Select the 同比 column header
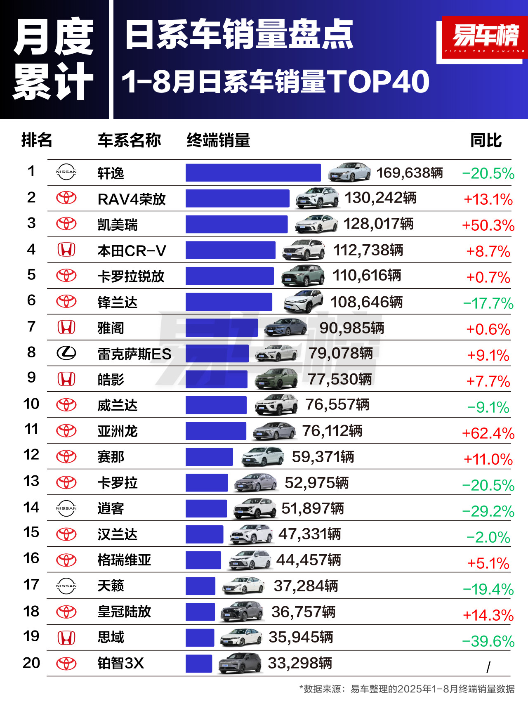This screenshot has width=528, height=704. pyautogui.click(x=486, y=141)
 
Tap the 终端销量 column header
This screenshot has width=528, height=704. pyautogui.click(x=219, y=141)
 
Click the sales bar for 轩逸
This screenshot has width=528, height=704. pyautogui.click(x=253, y=172)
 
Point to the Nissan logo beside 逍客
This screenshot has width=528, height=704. pyautogui.click(x=66, y=508)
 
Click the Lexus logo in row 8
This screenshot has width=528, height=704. pyautogui.click(x=66, y=353)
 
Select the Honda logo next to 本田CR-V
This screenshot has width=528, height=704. pyautogui.click(x=66, y=250)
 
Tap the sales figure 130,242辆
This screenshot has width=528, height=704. pyautogui.click(x=380, y=198)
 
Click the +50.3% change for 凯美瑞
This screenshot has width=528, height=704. pyautogui.click(x=488, y=225)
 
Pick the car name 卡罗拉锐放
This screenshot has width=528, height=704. pyautogui.click(x=131, y=276)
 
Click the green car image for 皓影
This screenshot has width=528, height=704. pyautogui.click(x=277, y=379)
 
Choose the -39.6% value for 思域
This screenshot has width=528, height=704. pyautogui.click(x=488, y=641)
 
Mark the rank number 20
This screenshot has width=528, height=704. pyautogui.click(x=31, y=663)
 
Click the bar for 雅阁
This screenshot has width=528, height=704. pyautogui.click(x=222, y=328)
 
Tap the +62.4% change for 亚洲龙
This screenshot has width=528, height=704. pyautogui.click(x=488, y=433)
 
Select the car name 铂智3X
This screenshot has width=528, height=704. pyautogui.click(x=120, y=663)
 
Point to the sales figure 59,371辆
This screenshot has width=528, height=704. pyautogui.click(x=323, y=457)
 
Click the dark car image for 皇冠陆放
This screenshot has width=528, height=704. pyautogui.click(x=242, y=612)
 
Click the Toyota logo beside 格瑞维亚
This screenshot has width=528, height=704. pyautogui.click(x=66, y=560)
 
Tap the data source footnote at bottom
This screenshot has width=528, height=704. pyautogui.click(x=407, y=689)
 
